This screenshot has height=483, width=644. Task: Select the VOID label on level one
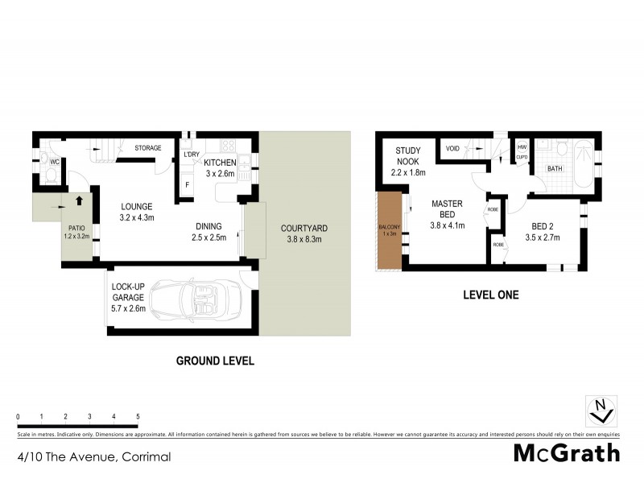click(452, 149)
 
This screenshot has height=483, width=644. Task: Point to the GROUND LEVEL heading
click(215, 361)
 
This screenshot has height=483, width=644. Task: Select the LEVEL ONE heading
click(490, 295)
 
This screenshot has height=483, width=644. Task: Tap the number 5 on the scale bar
click(138, 416)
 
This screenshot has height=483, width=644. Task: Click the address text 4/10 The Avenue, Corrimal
click(93, 456)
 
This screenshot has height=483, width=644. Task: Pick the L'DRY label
click(191, 155)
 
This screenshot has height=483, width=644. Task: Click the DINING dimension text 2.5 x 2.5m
click(208, 237)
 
